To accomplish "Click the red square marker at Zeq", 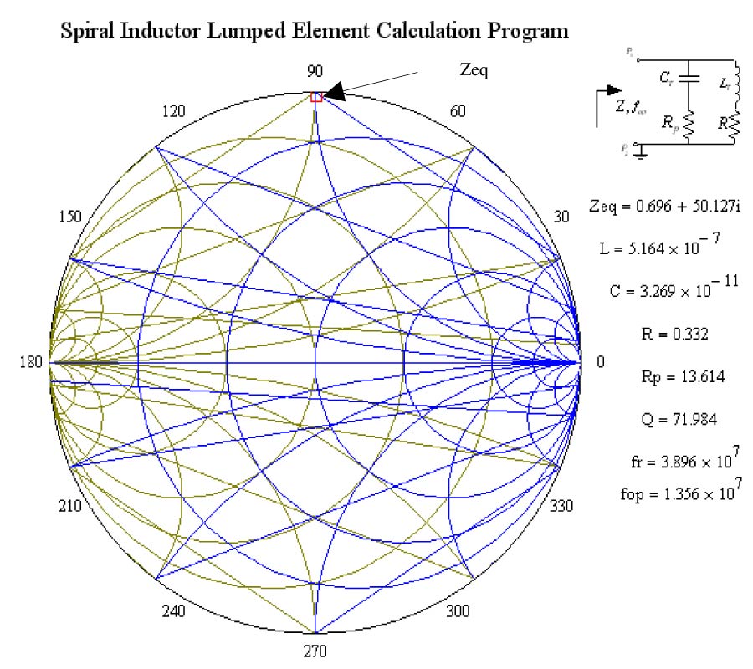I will coord(316,97).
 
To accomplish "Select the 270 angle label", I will coord(315,651).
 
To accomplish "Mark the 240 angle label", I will coord(173,611).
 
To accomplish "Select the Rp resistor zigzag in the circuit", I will coord(689,125).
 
